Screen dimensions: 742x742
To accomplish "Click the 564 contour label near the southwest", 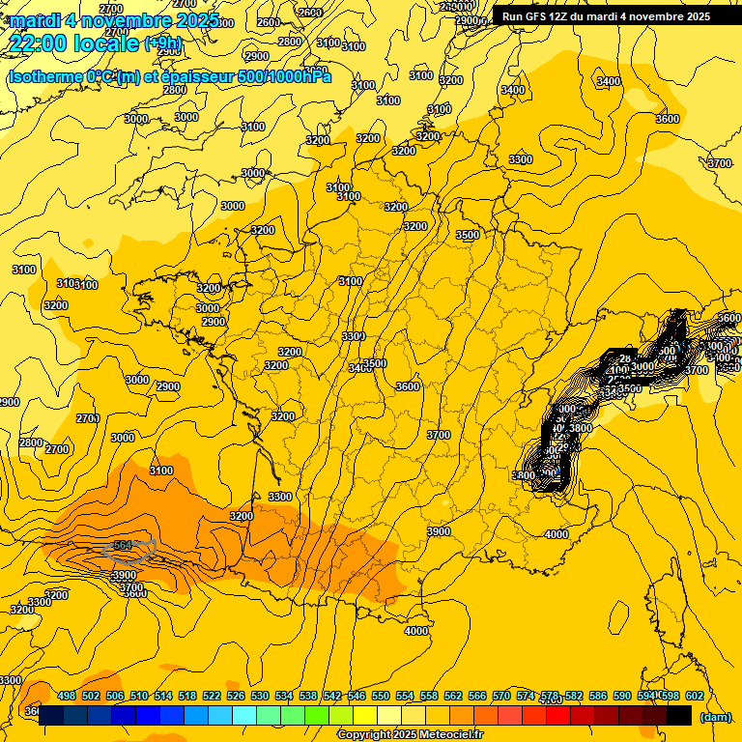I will pyautogui.click(x=123, y=546).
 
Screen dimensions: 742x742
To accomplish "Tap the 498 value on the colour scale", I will pyautogui.click(x=67, y=696).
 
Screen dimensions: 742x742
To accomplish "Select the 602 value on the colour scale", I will pyautogui.click(x=694, y=696).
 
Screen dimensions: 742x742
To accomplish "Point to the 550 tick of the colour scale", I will pyautogui.click(x=381, y=696).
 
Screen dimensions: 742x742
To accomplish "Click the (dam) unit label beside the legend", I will pyautogui.click(x=715, y=716).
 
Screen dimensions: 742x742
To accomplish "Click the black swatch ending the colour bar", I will pyautogui.click(x=679, y=715).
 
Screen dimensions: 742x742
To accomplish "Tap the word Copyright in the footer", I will pyautogui.click(x=365, y=735).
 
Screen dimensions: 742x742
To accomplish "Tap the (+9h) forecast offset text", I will pyautogui.click(x=162, y=43).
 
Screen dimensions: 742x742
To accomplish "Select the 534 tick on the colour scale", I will pyautogui.click(x=284, y=696).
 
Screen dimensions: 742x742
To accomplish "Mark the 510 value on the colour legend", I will pyautogui.click(x=139, y=696).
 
